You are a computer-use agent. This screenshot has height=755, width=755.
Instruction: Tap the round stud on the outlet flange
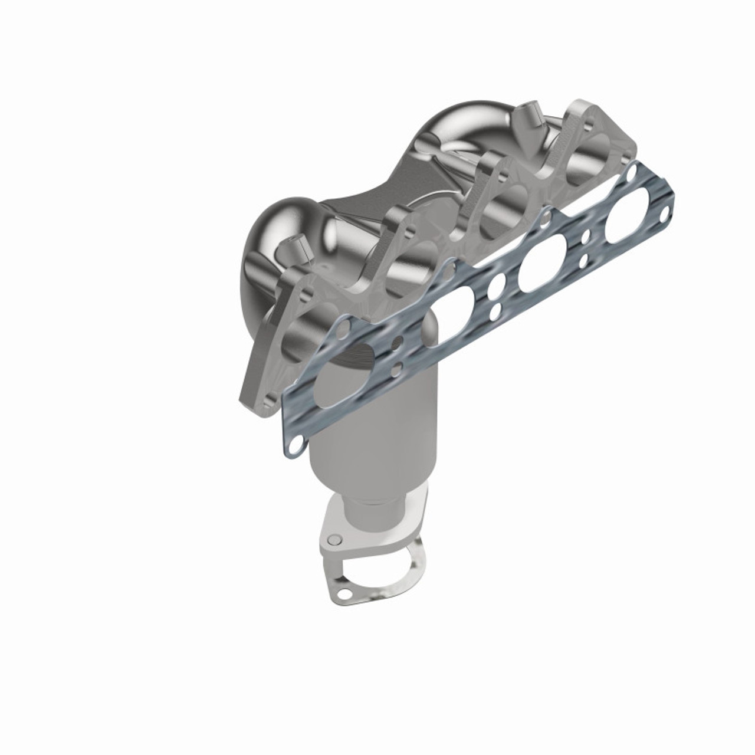coord(335,539)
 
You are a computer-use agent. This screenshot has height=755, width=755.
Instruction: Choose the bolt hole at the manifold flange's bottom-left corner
coord(263,400)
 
